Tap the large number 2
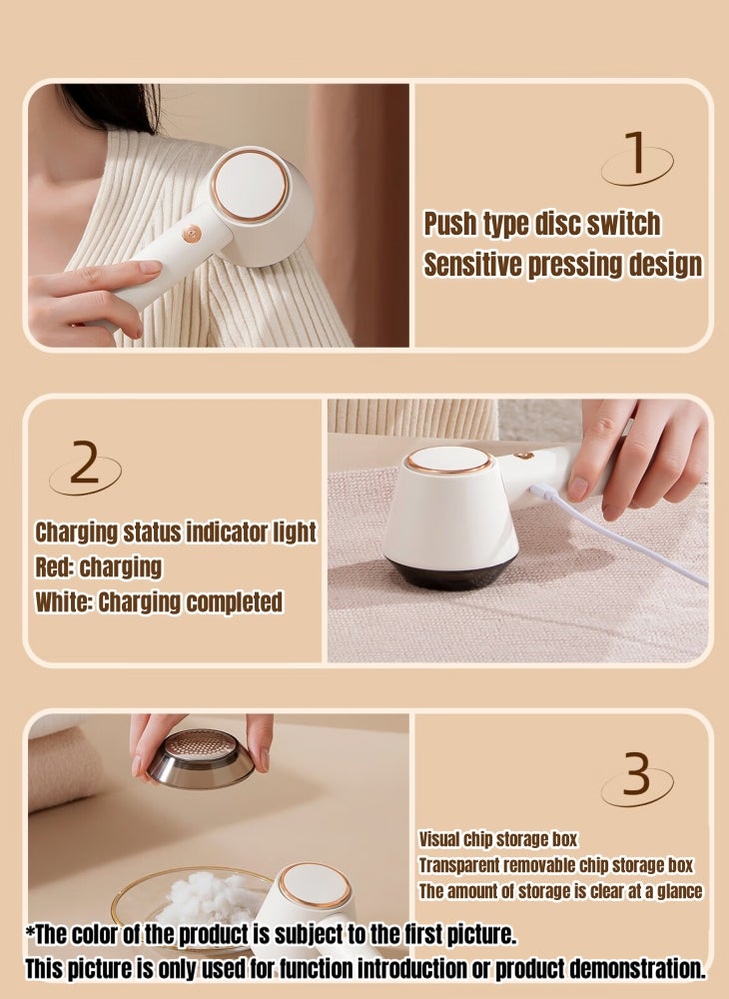[85, 465]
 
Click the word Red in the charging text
[53, 567]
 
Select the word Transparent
[464, 865]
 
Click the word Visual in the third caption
[439, 839]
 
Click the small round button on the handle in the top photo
[191, 234]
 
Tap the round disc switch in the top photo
[251, 186]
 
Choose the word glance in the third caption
[674, 891]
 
